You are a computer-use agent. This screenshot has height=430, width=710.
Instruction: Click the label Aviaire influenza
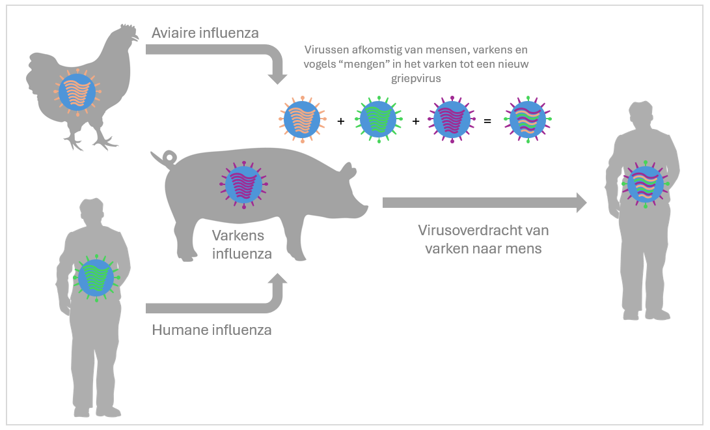click(x=206, y=33)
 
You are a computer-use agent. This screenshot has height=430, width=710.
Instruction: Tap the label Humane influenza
click(x=212, y=330)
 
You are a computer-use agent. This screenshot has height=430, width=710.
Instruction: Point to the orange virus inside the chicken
click(x=77, y=93)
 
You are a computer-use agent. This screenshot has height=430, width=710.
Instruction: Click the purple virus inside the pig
click(x=243, y=185)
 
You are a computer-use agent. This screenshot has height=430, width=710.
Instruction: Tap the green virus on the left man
click(x=96, y=277)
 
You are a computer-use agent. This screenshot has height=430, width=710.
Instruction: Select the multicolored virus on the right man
click(x=645, y=184)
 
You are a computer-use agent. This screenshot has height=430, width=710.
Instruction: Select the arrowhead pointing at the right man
click(x=579, y=203)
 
